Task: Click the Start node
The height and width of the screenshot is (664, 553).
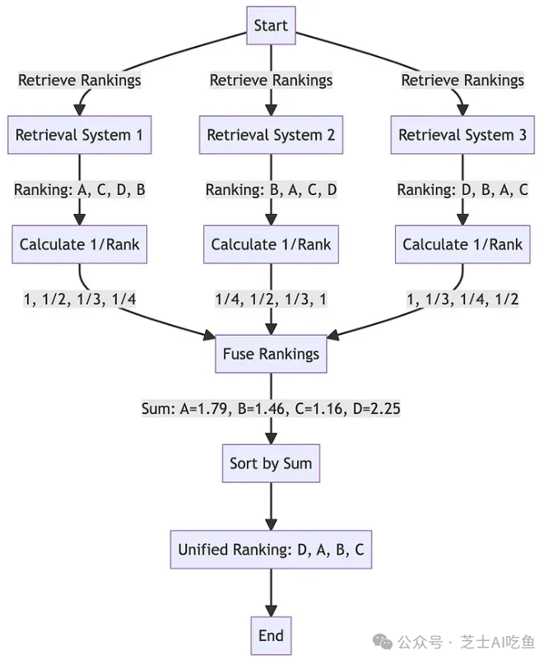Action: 271,26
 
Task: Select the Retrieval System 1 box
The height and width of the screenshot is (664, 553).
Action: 80,135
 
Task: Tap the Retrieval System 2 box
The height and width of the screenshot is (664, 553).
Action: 271,135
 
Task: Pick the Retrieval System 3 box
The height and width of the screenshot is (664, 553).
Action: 462,135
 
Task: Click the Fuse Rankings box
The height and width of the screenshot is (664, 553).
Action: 271,355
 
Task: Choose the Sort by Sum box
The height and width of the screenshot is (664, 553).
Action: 271,464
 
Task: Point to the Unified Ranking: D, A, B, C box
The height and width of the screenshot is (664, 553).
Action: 271,550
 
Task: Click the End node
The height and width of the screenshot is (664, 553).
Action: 271,635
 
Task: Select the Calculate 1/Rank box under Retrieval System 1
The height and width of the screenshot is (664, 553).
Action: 80,244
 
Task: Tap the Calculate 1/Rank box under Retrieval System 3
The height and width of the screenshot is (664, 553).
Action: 462,244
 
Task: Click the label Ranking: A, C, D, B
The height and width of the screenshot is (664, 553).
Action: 80,190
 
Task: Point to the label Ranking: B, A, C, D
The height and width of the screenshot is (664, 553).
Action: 271,190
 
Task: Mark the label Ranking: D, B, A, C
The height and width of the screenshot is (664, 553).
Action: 462,190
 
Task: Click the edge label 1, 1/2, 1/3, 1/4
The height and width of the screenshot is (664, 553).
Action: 80,299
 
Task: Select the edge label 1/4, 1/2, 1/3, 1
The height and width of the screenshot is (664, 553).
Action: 271,299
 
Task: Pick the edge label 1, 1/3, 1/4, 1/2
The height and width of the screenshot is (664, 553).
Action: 462,299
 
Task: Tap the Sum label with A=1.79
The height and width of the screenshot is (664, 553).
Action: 271,409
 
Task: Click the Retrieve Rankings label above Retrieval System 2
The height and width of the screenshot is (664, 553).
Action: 271,80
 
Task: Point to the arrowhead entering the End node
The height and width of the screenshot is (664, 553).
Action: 271,611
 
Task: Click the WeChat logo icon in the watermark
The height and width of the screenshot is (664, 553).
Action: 381,641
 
